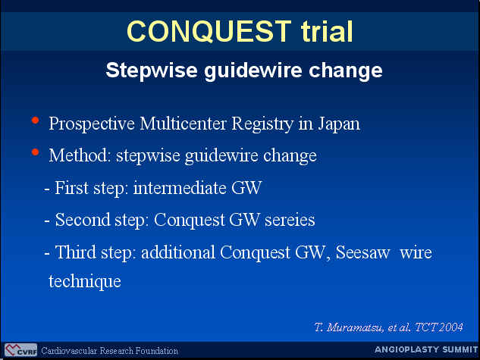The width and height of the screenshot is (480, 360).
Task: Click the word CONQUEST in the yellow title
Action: click(x=209, y=31)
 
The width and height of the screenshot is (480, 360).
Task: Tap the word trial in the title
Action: click(x=327, y=31)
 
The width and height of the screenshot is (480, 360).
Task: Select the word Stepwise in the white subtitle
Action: click(x=152, y=71)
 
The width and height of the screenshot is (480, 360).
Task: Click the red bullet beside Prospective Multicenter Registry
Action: click(x=35, y=121)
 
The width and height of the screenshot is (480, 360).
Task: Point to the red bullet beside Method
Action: click(x=35, y=152)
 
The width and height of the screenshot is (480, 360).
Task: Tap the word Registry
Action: click(x=262, y=124)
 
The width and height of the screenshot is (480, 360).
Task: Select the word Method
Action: click(x=80, y=155)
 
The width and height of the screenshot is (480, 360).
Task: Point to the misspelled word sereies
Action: click(x=290, y=220)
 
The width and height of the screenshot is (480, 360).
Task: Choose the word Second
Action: click(x=83, y=220)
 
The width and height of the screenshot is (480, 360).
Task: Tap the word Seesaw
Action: click(x=363, y=252)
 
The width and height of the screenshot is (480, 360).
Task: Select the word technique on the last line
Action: click(x=85, y=281)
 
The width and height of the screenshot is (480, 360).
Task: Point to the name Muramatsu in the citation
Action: click(x=355, y=327)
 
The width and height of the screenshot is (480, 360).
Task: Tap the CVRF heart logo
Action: click(x=20, y=350)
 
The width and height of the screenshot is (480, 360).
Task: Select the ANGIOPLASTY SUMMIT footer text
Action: click(x=426, y=349)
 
